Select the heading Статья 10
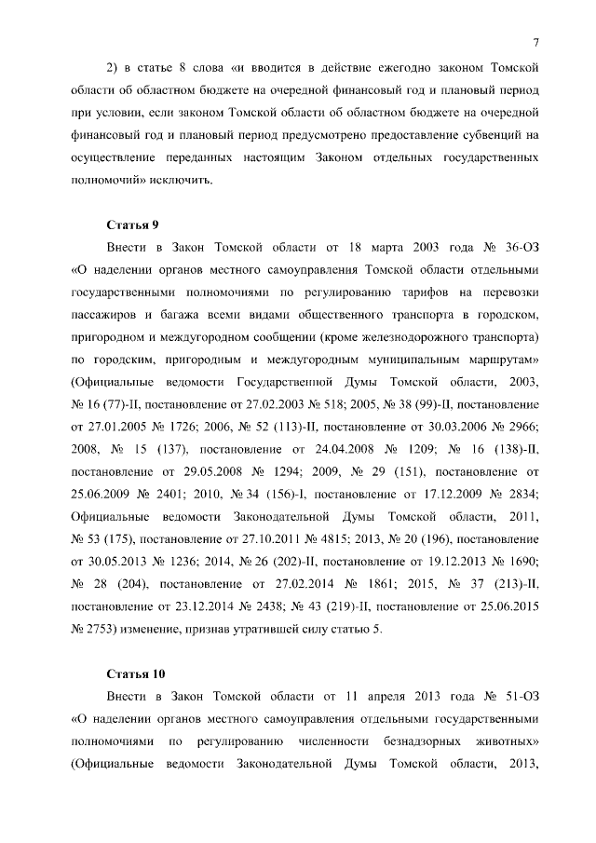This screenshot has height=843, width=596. (x=136, y=673)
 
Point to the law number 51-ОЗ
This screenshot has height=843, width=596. (x=521, y=697)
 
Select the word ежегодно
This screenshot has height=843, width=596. (x=397, y=68)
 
